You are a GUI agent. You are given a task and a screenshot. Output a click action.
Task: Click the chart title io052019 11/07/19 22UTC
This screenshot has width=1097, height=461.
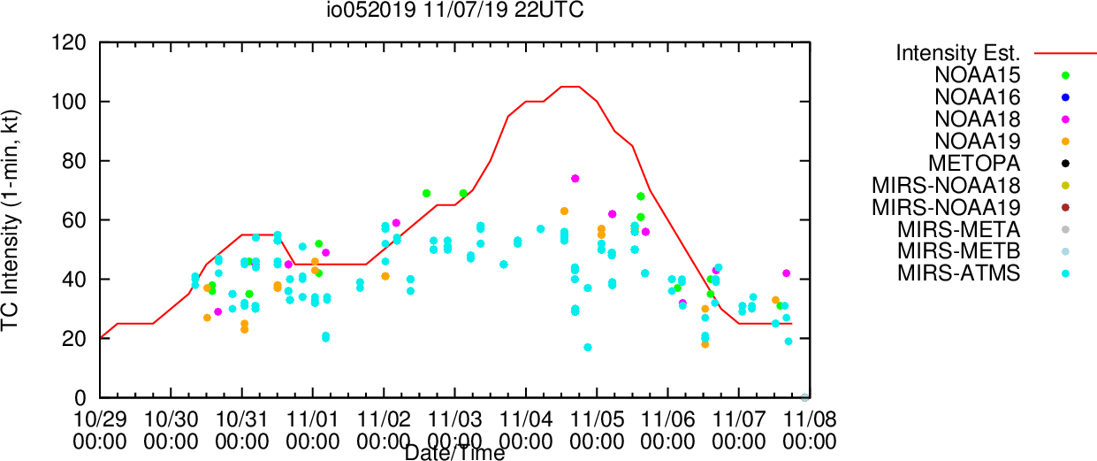tap(455, 10)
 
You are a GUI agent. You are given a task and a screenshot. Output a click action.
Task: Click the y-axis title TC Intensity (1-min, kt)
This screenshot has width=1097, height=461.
tap(10, 220)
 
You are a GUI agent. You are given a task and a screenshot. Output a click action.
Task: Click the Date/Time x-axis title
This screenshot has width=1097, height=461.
tap(454, 453)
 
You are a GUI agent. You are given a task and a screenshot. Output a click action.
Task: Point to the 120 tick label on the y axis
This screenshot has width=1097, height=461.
tap(69, 42)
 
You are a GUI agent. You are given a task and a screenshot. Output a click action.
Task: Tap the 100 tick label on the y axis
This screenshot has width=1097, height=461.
tap(69, 102)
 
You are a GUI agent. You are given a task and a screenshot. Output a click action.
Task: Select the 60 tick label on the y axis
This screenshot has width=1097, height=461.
tap(74, 220)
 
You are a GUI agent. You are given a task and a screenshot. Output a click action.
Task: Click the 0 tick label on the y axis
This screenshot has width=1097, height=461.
tap(80, 398)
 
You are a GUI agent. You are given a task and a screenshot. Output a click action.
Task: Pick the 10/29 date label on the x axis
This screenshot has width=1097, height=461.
tap(100, 419)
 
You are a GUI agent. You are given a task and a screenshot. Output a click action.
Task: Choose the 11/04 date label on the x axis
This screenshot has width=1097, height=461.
tap(526, 419)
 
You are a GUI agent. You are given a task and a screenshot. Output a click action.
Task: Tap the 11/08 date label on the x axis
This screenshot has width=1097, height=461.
tap(810, 419)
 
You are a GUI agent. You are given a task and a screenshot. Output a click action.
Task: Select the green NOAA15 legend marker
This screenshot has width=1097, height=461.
tap(1065, 75)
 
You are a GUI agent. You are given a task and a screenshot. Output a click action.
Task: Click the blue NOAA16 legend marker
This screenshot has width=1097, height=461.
tap(1065, 97)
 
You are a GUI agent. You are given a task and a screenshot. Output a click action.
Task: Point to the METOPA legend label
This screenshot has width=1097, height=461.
tap(974, 163)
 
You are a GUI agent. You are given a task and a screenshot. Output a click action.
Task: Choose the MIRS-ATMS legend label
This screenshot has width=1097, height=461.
tap(959, 273)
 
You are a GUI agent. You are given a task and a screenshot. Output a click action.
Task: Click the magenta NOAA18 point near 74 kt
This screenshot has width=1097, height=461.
tap(575, 179)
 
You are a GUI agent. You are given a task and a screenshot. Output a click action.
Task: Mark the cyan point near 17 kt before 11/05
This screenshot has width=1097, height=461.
tap(588, 347)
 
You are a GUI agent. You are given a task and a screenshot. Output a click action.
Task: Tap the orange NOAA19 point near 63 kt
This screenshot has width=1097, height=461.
tap(564, 211)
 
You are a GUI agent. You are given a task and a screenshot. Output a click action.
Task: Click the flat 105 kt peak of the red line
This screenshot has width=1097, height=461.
tap(570, 87)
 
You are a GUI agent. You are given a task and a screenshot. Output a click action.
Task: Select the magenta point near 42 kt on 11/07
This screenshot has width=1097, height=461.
tap(786, 273)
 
